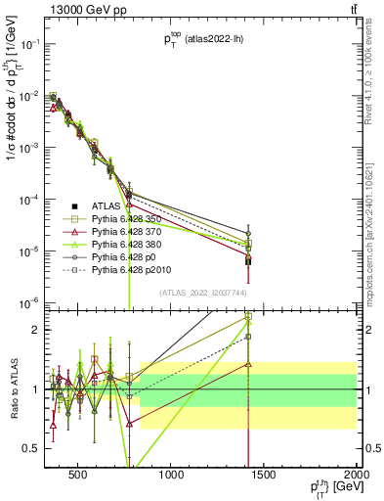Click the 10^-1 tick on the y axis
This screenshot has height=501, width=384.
[27, 45]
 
